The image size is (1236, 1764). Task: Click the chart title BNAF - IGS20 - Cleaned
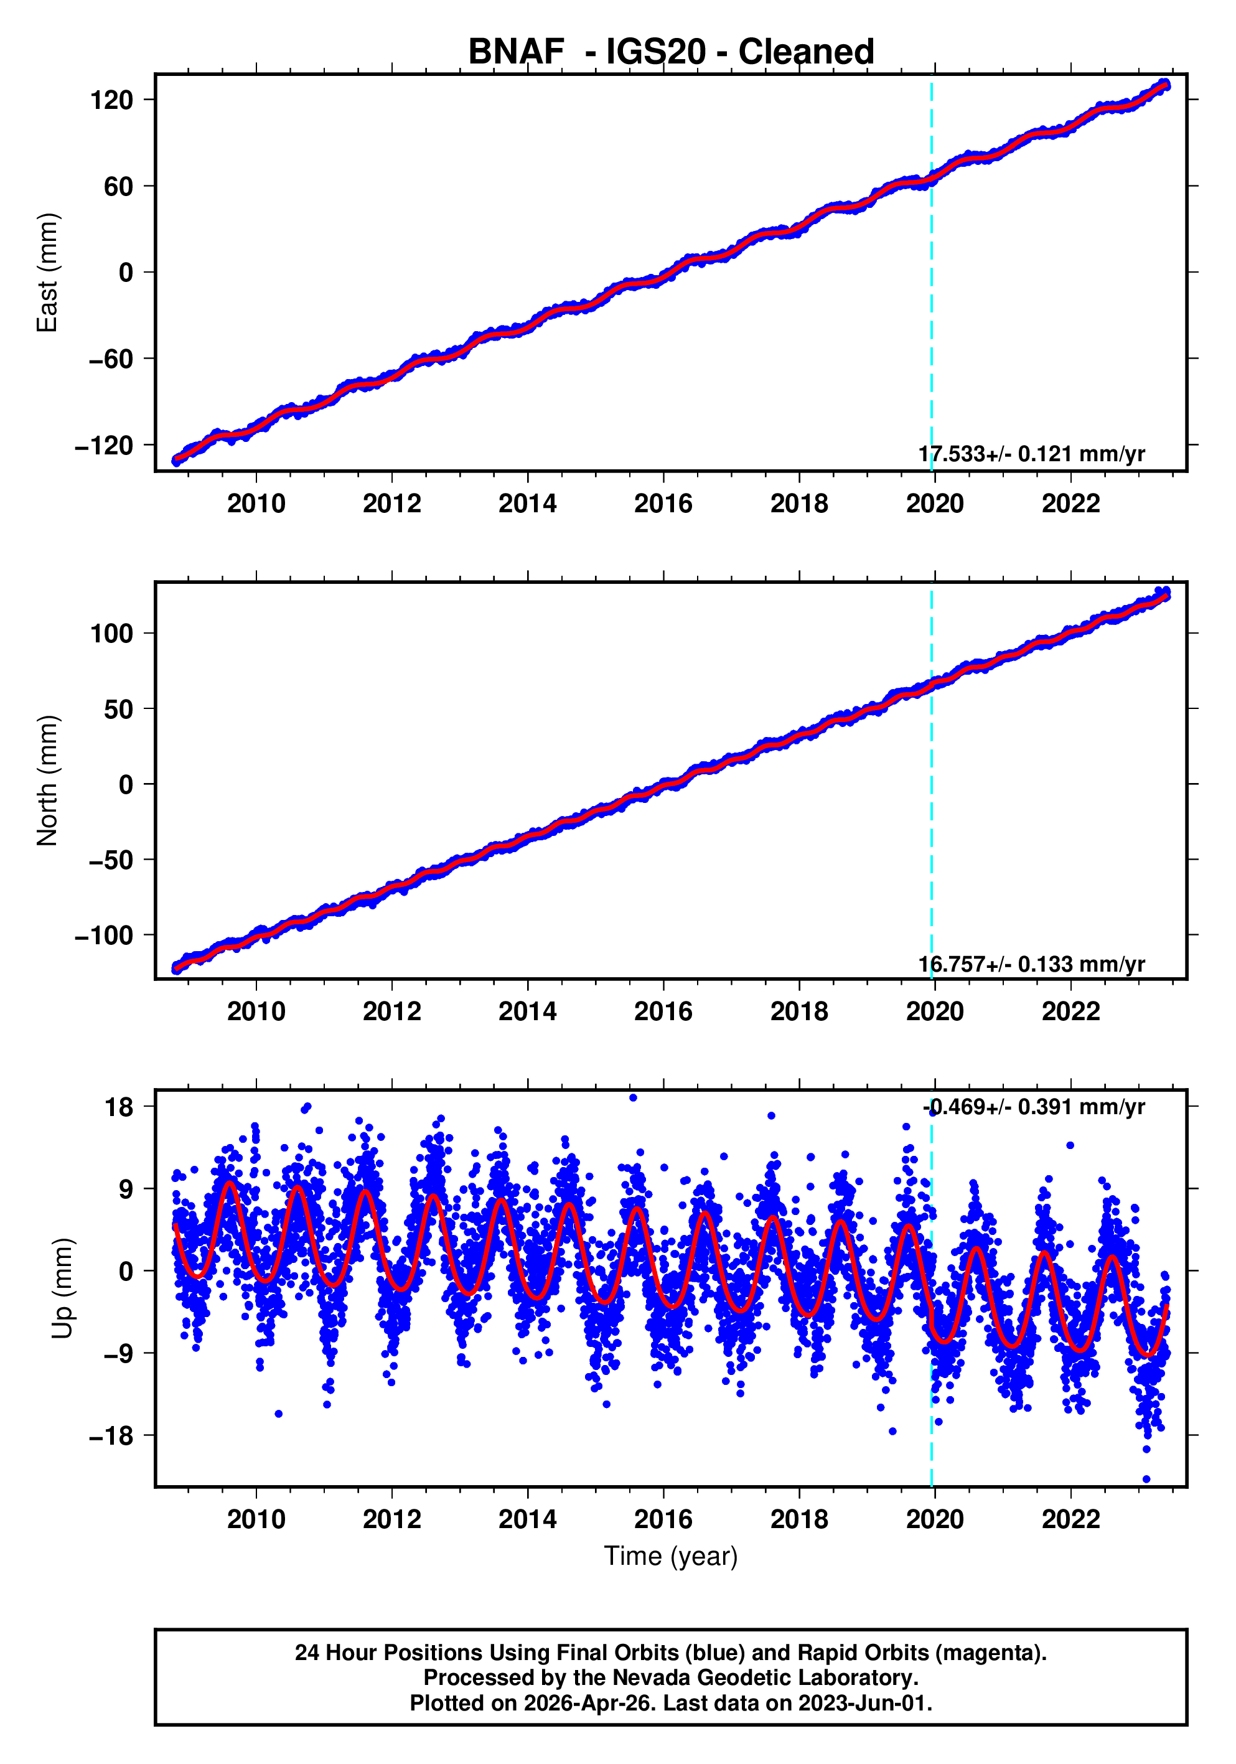(671, 52)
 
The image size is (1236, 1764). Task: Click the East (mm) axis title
(48, 273)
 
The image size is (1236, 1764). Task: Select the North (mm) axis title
(48, 781)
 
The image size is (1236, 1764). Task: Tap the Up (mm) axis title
(63, 1288)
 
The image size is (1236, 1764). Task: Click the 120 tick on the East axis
(111, 100)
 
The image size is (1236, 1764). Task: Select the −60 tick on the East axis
(111, 359)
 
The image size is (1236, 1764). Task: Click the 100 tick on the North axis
(111, 634)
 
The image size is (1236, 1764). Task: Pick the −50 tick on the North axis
(111, 860)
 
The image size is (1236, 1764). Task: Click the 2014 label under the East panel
(527, 504)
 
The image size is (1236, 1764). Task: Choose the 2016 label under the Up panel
(663, 1519)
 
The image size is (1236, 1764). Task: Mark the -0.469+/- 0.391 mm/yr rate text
(1033, 1107)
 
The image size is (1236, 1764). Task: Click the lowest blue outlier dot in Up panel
(1146, 1479)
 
